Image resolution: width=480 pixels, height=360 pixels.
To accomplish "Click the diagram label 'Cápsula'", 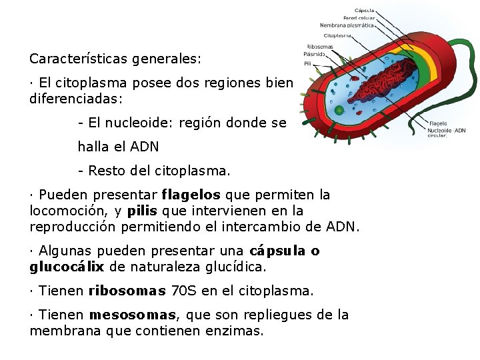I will click(x=364, y=10).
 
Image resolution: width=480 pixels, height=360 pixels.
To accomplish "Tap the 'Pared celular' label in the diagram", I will click(x=359, y=17).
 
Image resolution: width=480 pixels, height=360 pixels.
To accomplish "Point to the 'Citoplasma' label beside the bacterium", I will click(x=337, y=35).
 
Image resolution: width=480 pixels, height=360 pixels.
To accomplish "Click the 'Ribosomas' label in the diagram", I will click(x=319, y=47).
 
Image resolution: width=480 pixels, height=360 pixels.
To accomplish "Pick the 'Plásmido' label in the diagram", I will click(x=315, y=54).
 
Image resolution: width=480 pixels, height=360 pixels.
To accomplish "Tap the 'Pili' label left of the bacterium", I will click(x=307, y=64).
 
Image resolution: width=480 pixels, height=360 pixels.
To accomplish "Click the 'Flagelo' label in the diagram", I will click(x=438, y=123).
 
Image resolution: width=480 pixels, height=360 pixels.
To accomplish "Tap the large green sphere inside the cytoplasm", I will click(x=339, y=109).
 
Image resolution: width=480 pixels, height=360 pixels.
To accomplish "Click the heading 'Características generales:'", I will click(x=115, y=59).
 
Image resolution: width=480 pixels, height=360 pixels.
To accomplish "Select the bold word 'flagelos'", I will click(x=191, y=195).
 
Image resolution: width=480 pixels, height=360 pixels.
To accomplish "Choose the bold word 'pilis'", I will click(x=142, y=211).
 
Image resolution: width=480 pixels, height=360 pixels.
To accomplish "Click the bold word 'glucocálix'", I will click(x=67, y=267).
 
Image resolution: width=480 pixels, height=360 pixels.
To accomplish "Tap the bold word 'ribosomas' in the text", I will click(x=126, y=291).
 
